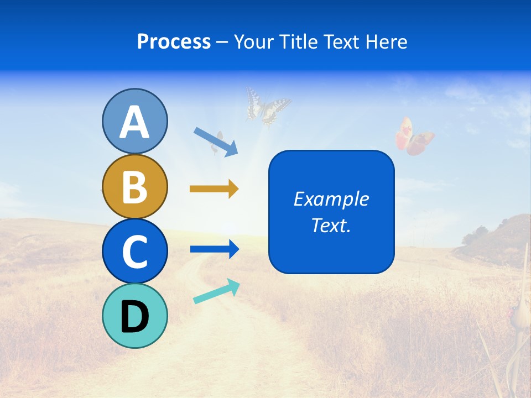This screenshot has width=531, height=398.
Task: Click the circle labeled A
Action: pos(134,121)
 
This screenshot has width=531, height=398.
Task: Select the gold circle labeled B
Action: pos(134,186)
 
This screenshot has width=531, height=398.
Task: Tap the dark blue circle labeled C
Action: pos(134,251)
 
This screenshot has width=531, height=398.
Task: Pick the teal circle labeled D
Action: pos(134,316)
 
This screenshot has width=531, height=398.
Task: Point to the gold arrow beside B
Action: pos(214,189)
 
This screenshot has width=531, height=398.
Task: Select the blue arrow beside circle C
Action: pos(214,249)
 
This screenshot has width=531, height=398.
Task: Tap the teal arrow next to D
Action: pos(216,291)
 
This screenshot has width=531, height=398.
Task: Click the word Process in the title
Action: pos(174,42)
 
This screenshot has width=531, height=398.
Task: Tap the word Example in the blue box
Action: pos(331,199)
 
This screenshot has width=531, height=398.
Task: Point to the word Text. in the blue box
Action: pos(331,225)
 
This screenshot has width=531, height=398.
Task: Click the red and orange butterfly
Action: pos(414,137)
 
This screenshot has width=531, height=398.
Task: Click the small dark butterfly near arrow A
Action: pos(217,142)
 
